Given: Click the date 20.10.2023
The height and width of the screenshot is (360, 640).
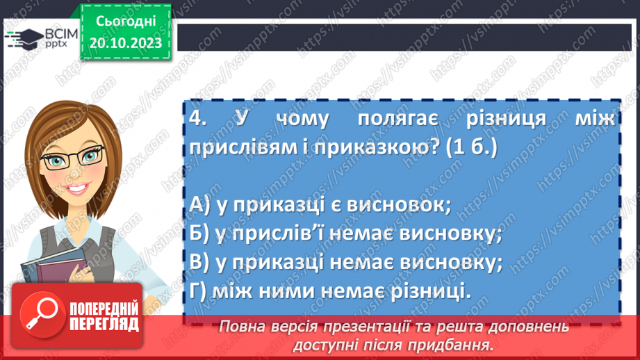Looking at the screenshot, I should click(125, 43).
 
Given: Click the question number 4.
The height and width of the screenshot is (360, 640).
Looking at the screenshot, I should click(197, 119).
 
